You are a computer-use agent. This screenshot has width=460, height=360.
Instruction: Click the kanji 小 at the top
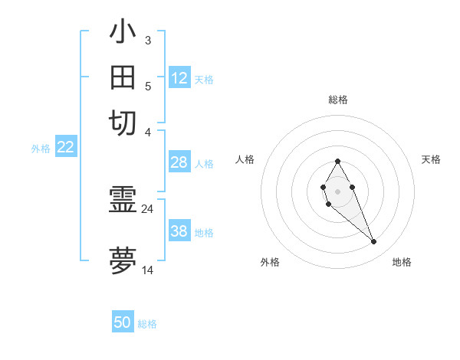(123, 32)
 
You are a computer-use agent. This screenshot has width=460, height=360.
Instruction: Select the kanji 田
(123, 78)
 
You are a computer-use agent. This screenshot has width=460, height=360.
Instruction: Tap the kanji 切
(123, 123)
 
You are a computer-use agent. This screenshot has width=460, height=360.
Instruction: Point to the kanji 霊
(123, 201)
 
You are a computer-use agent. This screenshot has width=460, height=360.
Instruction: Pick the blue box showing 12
(179, 78)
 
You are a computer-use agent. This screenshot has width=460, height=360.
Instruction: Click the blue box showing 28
(179, 162)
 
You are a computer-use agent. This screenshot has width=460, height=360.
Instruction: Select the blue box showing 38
(179, 231)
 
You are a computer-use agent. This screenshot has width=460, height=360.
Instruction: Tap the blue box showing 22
(65, 147)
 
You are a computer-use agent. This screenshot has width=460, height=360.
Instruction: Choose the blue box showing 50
(123, 322)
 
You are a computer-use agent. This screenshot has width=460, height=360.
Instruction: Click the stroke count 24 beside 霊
(147, 208)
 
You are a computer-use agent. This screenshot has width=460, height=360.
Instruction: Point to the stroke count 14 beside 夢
(147, 270)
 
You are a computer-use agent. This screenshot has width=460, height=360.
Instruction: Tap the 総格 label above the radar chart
(337, 100)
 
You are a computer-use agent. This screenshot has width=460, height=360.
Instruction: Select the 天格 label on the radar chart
(431, 159)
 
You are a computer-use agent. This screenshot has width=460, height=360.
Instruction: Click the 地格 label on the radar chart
(402, 262)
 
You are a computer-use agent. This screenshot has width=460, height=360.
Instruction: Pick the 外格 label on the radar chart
(270, 262)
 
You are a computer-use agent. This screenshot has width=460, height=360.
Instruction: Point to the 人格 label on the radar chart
(245, 159)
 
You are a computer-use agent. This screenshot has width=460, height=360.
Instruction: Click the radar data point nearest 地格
(374, 242)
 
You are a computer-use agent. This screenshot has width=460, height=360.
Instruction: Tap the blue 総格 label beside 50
(147, 324)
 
